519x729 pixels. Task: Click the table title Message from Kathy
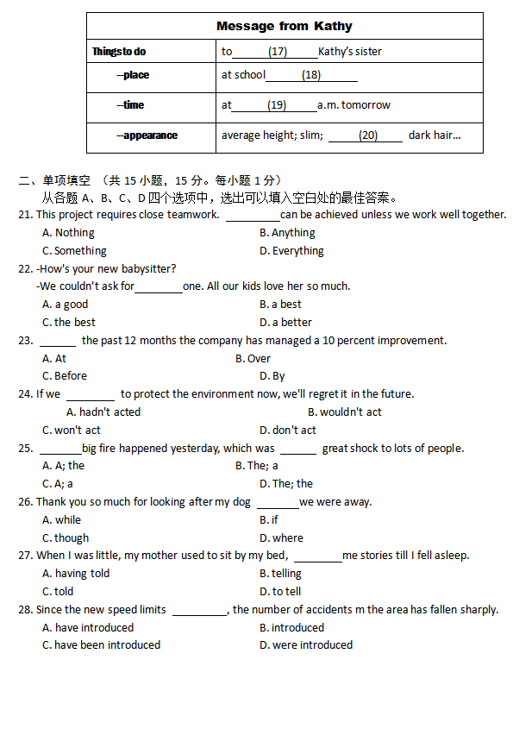click(x=285, y=26)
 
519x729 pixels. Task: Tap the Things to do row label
click(x=119, y=52)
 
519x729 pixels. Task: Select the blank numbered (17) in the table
click(x=277, y=52)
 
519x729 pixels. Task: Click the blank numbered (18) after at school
click(x=311, y=75)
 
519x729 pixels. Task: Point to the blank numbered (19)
click(x=276, y=105)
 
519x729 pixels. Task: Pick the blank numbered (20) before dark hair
click(x=367, y=135)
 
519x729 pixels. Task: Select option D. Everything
click(x=291, y=251)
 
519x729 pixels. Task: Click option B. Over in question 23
click(x=253, y=359)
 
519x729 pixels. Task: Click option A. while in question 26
click(x=61, y=520)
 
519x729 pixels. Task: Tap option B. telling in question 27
click(x=280, y=574)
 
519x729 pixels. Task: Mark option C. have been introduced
click(x=101, y=645)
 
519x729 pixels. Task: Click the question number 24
click(x=25, y=394)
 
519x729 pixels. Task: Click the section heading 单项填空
click(x=66, y=180)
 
